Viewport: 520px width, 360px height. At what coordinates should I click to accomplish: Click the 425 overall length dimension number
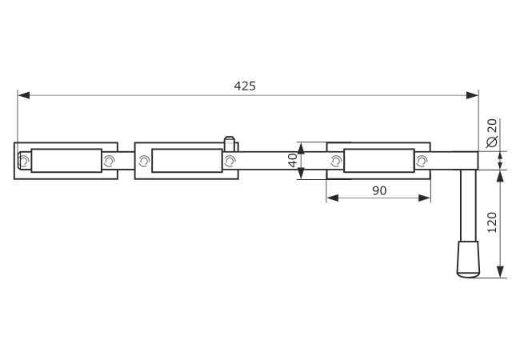pyautogui.click(x=245, y=86)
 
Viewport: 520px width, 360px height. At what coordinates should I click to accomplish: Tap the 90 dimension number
pyautogui.click(x=379, y=190)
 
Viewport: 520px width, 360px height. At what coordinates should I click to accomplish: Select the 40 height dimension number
pyautogui.click(x=293, y=161)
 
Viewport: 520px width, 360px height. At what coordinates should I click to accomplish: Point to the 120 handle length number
pyautogui.click(x=492, y=222)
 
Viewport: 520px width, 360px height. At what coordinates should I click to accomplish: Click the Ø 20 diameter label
pyautogui.click(x=492, y=133)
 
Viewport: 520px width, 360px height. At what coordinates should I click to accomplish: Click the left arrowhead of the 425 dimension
pyautogui.click(x=24, y=95)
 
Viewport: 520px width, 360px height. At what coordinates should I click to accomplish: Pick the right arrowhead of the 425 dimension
pyautogui.click(x=472, y=95)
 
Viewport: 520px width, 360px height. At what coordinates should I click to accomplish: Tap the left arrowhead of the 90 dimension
pyautogui.click(x=333, y=198)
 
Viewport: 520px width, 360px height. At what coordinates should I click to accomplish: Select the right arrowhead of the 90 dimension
pyautogui.click(x=425, y=198)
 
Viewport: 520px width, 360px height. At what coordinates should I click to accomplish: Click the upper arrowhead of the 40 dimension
pyautogui.click(x=301, y=149)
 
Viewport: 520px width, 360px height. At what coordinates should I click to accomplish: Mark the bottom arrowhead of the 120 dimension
pyautogui.click(x=501, y=271)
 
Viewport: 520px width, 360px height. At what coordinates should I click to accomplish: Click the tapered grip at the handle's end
pyautogui.click(x=468, y=259)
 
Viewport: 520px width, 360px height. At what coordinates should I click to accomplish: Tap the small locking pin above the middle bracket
pyautogui.click(x=229, y=143)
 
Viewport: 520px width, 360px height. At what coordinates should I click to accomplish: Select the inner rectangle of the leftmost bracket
pyautogui.click(x=66, y=161)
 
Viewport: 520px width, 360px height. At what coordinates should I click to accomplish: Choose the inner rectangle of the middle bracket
pyautogui.click(x=187, y=161)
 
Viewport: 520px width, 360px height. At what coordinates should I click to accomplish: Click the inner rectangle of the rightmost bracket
pyautogui.click(x=379, y=161)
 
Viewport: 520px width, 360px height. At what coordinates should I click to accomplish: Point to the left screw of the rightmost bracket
pyautogui.click(x=336, y=161)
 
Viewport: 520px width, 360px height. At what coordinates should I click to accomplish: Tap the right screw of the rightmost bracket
pyautogui.click(x=422, y=161)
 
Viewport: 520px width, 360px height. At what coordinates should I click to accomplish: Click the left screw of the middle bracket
pyautogui.click(x=144, y=161)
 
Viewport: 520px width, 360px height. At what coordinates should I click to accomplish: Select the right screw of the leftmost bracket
pyautogui.click(x=109, y=161)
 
